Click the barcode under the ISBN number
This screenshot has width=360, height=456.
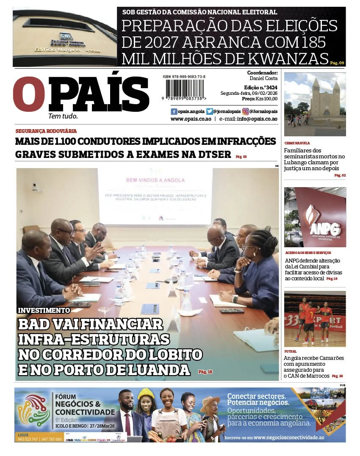point(185,89)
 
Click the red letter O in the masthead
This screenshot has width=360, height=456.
point(29,94)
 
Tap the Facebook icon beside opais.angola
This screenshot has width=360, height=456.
point(174,111)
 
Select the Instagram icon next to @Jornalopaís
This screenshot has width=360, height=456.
point(246,111)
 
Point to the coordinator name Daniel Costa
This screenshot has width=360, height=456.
point(264,79)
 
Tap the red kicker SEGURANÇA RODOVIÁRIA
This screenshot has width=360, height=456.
point(46,131)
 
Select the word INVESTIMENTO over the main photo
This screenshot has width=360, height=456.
point(44,310)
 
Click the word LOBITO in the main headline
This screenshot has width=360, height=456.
point(174,354)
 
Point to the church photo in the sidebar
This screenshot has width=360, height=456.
point(315,104)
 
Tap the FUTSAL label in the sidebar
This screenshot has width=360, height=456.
point(291,351)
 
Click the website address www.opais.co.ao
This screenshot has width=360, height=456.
point(191,119)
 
